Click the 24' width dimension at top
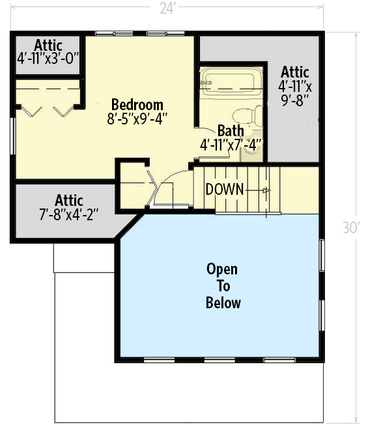pos(168,8)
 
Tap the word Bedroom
pos(137,105)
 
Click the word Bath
pos(231,131)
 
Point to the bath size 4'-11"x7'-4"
pos(231,144)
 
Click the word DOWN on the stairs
pos(225,190)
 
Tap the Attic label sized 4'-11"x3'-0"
pos(48,46)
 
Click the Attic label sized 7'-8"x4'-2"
pos(68,200)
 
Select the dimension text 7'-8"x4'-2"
pos(68,212)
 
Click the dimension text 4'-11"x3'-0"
pos(48,58)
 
